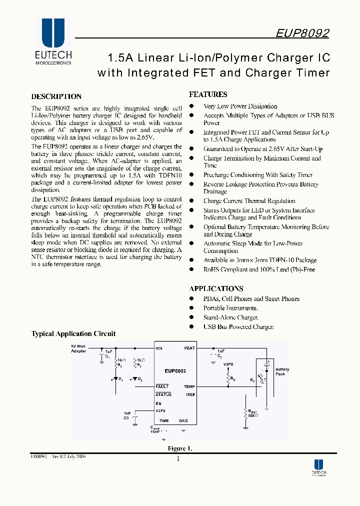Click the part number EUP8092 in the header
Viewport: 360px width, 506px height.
[x=302, y=33]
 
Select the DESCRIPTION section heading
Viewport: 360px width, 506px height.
[x=56, y=96]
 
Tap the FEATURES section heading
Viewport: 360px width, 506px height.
[x=208, y=94]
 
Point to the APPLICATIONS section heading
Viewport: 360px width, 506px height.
[x=216, y=288]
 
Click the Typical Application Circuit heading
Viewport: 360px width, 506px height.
[x=73, y=333]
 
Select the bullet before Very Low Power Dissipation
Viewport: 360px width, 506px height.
[x=191, y=106]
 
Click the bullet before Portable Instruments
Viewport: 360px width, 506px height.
[x=191, y=308]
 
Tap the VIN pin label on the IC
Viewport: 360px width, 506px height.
[x=159, y=348]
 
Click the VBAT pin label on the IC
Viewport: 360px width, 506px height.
[x=189, y=348]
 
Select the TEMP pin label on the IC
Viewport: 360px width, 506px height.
[x=189, y=386]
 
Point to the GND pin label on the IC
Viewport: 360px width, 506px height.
[x=183, y=421]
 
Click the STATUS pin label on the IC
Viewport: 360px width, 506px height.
[x=163, y=394]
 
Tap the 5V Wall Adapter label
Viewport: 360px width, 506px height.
[x=78, y=348]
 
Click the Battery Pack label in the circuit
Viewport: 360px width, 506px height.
[x=282, y=371]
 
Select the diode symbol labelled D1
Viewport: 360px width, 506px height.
[x=116, y=379]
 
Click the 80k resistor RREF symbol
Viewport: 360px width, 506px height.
[x=245, y=413]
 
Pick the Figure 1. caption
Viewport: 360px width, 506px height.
[x=179, y=448]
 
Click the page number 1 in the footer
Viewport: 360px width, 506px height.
[x=178, y=459]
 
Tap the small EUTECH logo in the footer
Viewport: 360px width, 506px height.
[x=318, y=467]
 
